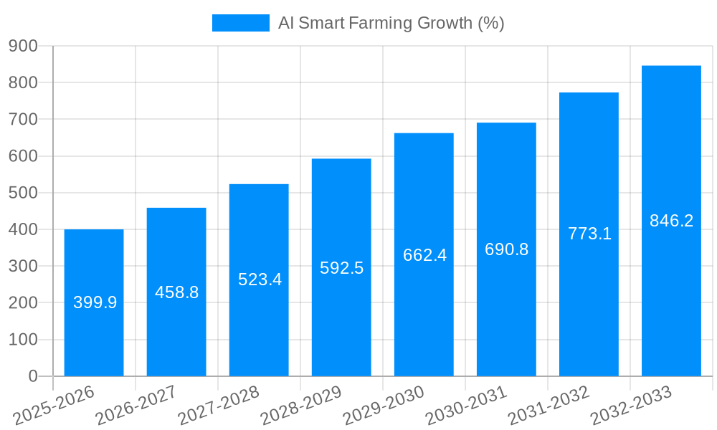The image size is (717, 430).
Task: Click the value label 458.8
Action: click(x=176, y=292)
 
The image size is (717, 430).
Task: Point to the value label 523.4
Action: click(x=260, y=279)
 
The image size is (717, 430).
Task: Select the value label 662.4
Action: click(x=424, y=255)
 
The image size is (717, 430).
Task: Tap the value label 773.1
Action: click(x=589, y=234)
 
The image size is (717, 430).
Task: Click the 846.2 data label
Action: click(x=671, y=221)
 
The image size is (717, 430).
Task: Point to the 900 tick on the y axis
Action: click(x=23, y=46)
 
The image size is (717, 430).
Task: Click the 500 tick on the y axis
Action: click(x=23, y=193)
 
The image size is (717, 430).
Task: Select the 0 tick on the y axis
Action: click(x=32, y=376)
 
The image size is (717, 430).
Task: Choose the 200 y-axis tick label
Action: click(x=23, y=302)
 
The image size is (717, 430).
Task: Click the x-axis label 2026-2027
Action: click(x=136, y=405)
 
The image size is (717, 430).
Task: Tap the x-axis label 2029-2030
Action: click(x=384, y=405)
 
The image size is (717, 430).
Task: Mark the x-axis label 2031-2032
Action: click(x=549, y=405)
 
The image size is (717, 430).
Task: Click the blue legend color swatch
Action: click(x=240, y=23)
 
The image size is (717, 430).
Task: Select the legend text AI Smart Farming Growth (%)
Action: click(x=391, y=23)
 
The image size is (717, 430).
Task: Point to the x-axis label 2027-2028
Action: click(x=219, y=405)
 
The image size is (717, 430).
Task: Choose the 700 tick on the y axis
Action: click(x=23, y=119)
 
